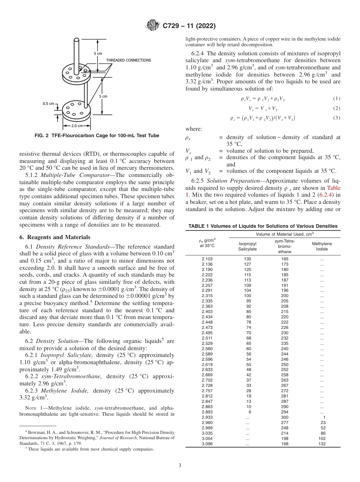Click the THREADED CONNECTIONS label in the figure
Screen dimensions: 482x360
click(x=128, y=60)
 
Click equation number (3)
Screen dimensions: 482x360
click(x=337, y=118)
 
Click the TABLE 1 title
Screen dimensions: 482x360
click(x=263, y=226)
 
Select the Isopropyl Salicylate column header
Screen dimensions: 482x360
click(x=247, y=246)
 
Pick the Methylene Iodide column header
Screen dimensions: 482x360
click(x=322, y=246)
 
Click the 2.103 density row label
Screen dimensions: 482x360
click(x=207, y=259)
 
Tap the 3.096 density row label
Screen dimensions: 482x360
click(x=207, y=444)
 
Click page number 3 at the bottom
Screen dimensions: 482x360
click(x=180, y=465)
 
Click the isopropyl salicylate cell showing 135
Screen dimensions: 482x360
click(x=247, y=259)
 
